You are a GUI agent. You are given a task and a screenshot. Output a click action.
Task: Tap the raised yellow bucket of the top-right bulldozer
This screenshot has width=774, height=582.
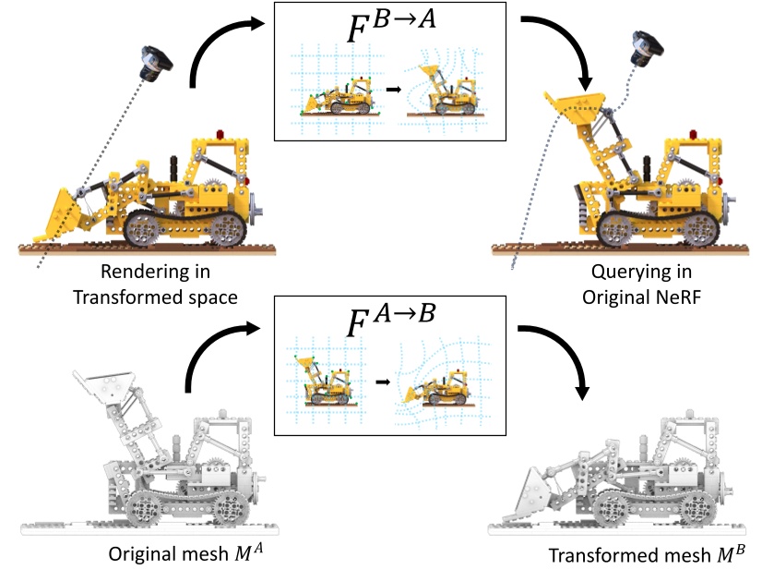[x=576, y=101]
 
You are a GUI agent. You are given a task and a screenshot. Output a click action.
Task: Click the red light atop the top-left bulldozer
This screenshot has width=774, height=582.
[x=220, y=137]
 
